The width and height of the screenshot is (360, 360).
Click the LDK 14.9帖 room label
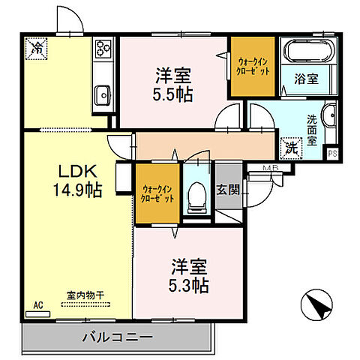70,179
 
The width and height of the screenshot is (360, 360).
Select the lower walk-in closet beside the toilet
156,193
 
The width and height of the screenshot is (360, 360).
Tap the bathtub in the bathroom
310,53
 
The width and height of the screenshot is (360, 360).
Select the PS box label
332,151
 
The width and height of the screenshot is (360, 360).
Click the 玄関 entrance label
228,190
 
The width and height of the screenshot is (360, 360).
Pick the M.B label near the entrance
271,168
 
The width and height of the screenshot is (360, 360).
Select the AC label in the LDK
37,305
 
